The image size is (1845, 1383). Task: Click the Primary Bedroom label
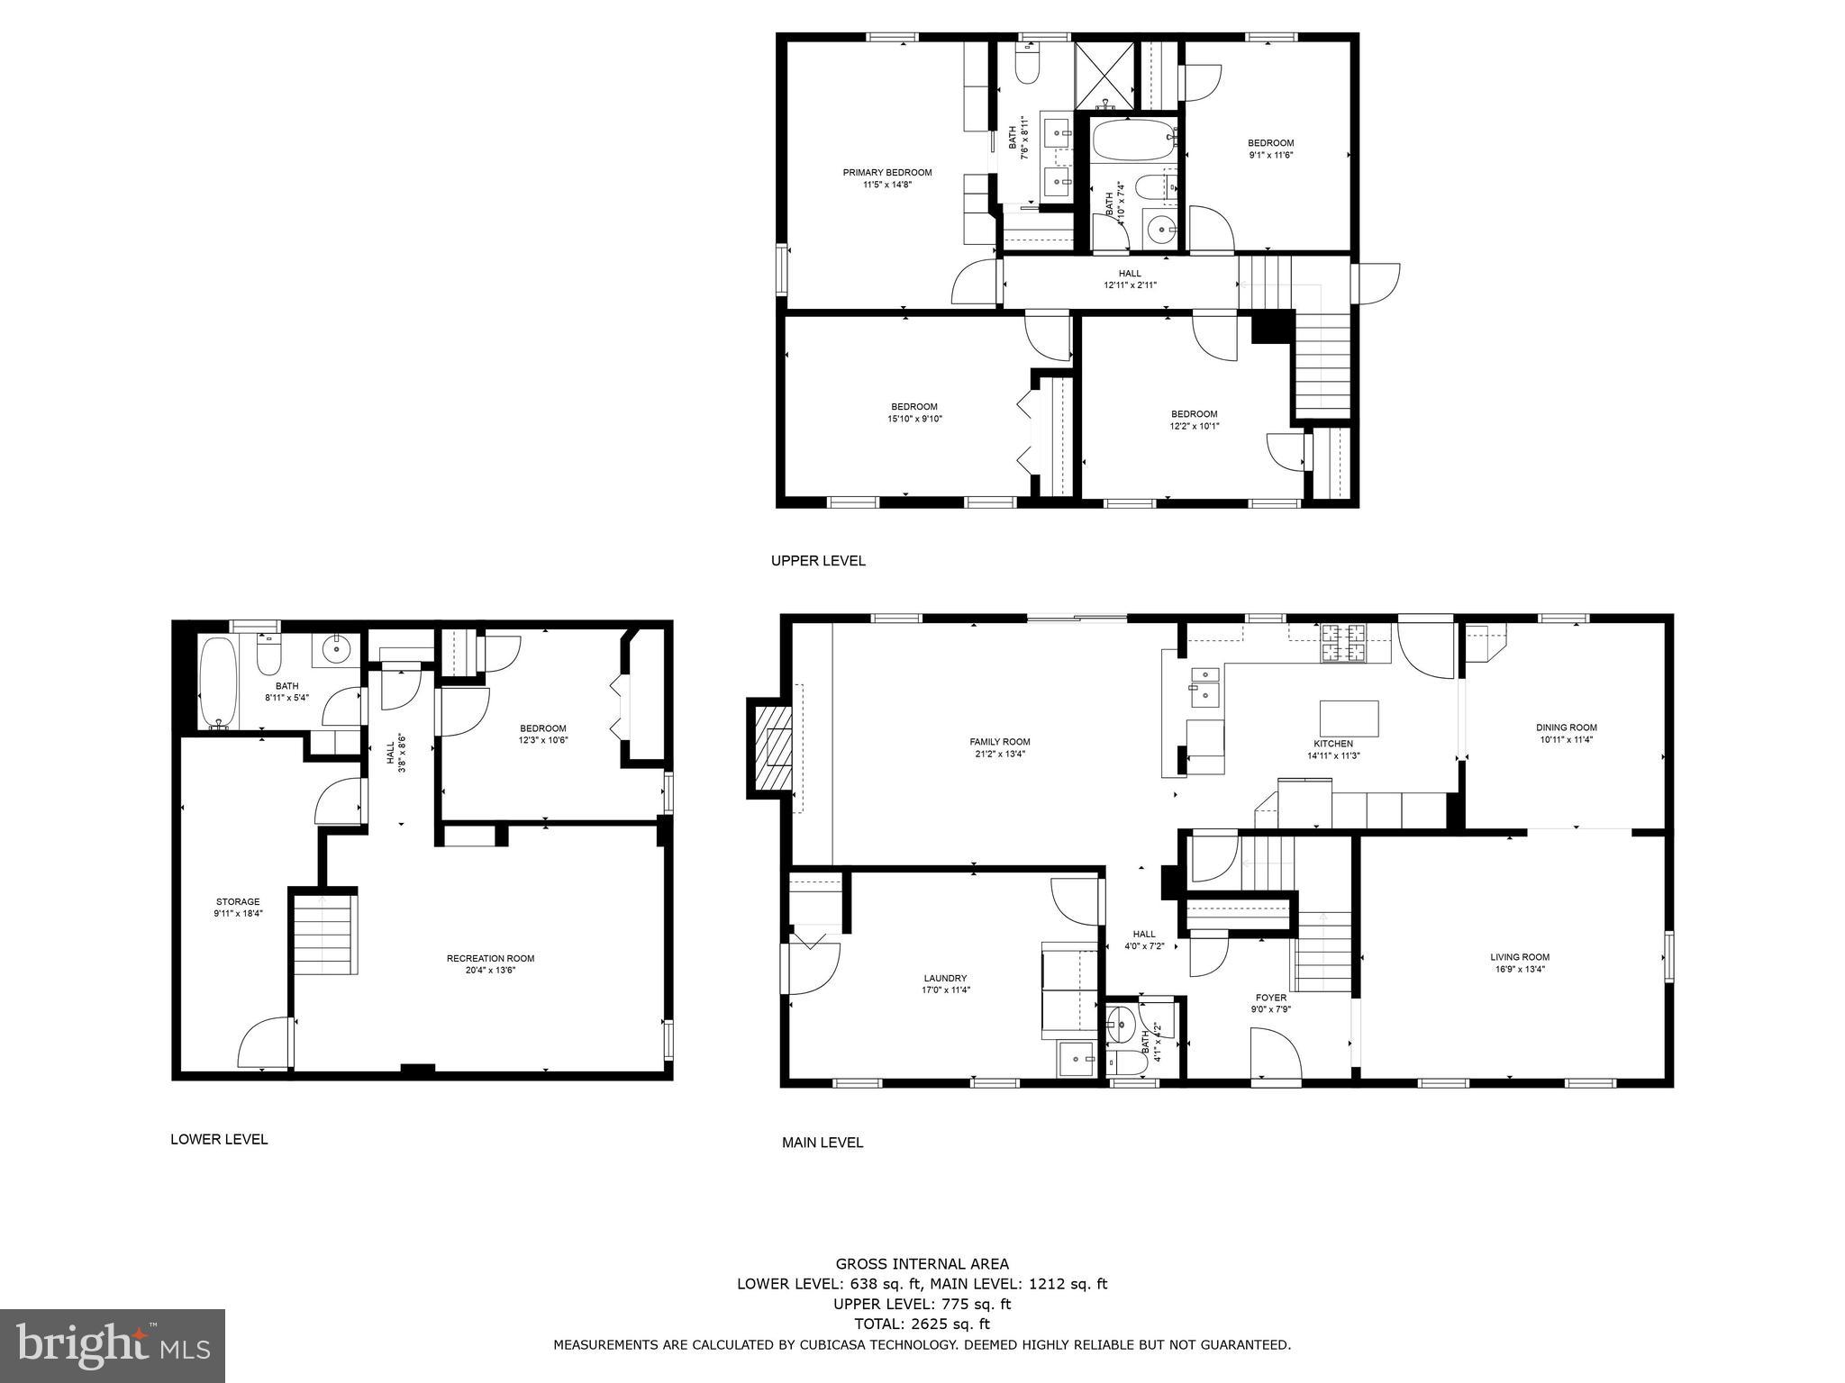886,173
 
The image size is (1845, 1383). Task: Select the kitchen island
1349,719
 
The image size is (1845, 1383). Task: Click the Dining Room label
1566,728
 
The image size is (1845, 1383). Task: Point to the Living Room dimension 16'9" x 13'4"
1519,970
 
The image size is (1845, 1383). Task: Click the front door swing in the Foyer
1274,1053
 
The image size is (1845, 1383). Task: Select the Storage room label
238,901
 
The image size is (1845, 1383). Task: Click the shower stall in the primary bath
1104,73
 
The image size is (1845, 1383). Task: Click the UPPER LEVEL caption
818,561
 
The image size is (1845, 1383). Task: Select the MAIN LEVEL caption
822,1143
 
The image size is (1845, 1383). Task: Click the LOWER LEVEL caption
219,1139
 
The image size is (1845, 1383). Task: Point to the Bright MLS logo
112,1346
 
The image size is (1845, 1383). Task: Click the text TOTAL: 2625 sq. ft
922,1324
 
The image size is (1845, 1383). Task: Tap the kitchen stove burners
1343,643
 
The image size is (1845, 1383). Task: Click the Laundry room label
945,978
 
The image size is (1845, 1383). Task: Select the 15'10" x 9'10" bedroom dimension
914,419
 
